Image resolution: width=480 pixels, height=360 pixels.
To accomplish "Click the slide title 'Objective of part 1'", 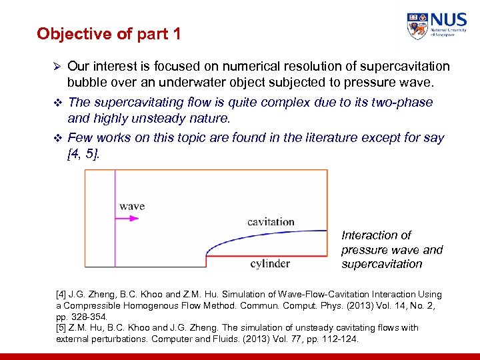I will (x=109, y=33).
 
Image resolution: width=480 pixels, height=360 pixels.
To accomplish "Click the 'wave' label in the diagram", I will (x=132, y=206).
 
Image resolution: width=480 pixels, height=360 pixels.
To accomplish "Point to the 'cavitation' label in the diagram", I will (x=271, y=221).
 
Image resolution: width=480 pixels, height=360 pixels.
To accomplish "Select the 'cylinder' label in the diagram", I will (x=270, y=263).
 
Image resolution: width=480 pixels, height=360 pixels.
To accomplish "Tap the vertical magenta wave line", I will (x=115, y=220).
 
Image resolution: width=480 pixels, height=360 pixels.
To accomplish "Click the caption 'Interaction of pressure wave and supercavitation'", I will (x=391, y=250).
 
